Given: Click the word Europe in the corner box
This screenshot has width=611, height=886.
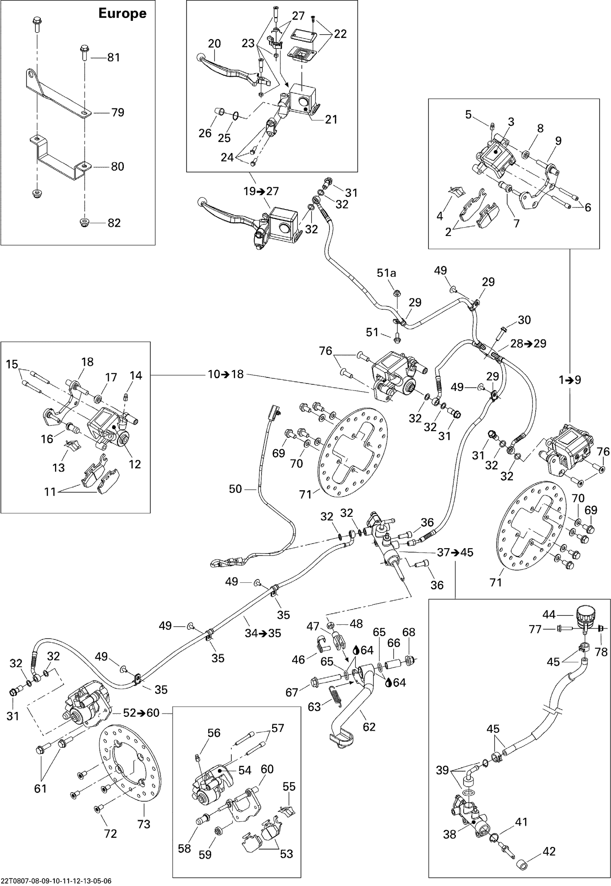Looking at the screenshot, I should tap(122, 13).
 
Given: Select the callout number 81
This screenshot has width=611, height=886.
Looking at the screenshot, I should tap(113, 57).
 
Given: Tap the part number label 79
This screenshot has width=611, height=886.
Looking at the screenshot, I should tap(117, 112).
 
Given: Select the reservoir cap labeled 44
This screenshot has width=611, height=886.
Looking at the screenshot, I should tap(586, 613).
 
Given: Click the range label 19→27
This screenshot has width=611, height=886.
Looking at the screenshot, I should tap(261, 191).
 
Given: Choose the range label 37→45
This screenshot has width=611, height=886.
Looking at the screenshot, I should tap(455, 553).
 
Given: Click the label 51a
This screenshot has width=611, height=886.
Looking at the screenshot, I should tap(386, 273).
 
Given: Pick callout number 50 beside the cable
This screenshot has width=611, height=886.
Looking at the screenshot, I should tap(235, 489).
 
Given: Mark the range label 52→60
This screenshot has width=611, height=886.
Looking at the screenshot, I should tap(141, 713).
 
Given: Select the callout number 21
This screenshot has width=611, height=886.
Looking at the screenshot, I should tap(331, 119).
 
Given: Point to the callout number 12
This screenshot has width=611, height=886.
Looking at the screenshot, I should tap(135, 464).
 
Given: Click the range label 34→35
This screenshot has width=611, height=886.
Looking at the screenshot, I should tap(263, 633).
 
